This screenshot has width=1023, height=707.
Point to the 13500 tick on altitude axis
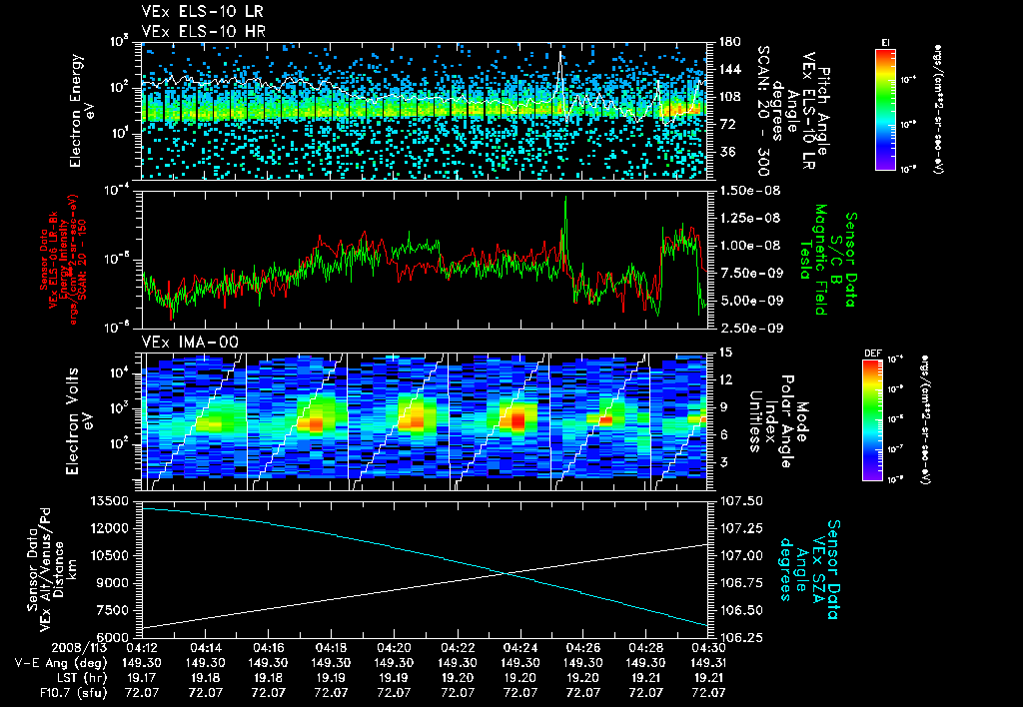pos(111,500)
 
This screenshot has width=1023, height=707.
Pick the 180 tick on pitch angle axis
pos(727,42)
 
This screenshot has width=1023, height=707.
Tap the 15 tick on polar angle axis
pos(725,352)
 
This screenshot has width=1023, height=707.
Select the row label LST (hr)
pos(47,677)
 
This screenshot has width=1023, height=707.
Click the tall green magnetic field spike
pos(565,205)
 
